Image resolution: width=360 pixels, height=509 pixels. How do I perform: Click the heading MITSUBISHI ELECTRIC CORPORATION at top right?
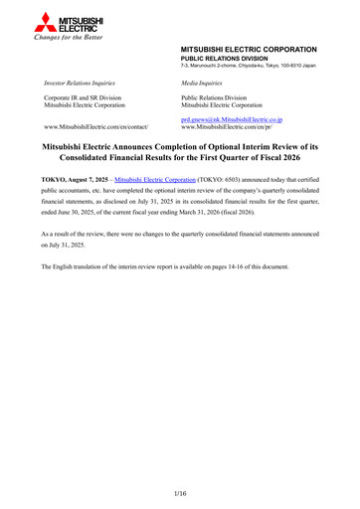(249, 49)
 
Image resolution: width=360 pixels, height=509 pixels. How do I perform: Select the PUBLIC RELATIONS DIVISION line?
(225, 58)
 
